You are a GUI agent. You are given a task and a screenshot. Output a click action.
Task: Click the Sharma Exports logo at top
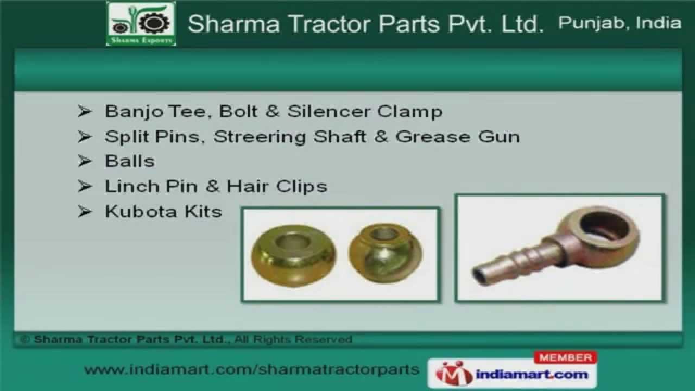point(141,24)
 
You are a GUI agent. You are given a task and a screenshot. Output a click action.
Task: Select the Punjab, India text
point(620,23)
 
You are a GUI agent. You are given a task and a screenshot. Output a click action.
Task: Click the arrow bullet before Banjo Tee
point(85,112)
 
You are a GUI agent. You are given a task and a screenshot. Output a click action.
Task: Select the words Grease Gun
point(458,136)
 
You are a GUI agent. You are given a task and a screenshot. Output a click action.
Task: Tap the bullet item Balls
point(130,161)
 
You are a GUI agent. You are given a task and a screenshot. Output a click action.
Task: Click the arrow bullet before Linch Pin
point(85,186)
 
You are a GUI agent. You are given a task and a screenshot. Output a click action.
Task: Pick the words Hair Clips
point(277,186)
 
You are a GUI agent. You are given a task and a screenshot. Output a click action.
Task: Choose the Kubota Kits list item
point(163,211)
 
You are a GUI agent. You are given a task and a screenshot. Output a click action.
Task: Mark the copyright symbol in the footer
point(24,339)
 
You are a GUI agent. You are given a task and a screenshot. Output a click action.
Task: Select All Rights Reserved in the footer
point(294,339)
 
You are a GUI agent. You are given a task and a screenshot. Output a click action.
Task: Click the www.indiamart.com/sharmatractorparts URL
point(252,370)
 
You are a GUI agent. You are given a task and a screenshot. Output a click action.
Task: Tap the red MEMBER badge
point(566,357)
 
